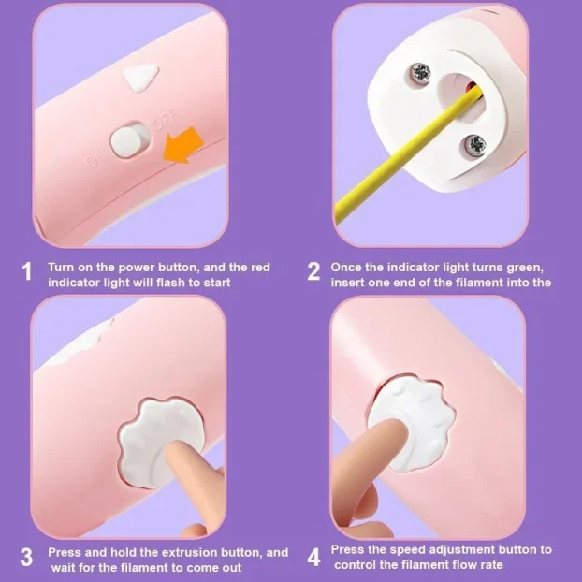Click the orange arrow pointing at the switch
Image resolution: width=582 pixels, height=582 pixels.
[x=183, y=145]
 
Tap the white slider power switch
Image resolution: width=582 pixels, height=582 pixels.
[x=127, y=141]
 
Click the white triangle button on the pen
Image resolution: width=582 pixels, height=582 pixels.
[x=141, y=77]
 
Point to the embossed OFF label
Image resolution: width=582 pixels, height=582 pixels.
[x=165, y=119]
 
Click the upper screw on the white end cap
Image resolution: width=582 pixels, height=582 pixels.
[x=420, y=72]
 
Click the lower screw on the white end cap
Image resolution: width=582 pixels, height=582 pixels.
[x=475, y=144]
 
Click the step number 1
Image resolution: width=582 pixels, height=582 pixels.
[x=27, y=271]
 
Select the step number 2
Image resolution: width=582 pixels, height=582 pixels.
[x=313, y=271]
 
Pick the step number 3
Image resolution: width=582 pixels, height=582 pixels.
[x=26, y=558]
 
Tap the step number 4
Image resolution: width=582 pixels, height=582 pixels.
[x=314, y=558]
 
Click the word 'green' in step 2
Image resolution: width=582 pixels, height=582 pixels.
[x=525, y=268]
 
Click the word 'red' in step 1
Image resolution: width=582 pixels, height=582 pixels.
[x=261, y=268]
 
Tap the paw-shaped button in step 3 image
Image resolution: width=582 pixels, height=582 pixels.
[x=161, y=443]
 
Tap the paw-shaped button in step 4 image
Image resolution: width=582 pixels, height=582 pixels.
[x=412, y=422]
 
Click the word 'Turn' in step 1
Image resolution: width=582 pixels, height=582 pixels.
[x=61, y=268]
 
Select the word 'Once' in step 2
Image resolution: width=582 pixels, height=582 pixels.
[x=346, y=268]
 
